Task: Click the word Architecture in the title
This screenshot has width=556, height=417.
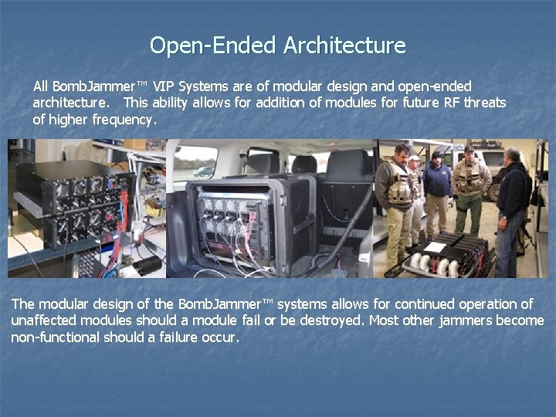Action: coord(344,46)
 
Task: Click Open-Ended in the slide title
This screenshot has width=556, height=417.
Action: coord(213,46)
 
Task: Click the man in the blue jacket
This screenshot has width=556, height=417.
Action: coord(437,189)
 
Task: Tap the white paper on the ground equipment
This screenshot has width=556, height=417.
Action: coord(436,247)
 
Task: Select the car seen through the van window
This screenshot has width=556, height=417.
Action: coord(205,171)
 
